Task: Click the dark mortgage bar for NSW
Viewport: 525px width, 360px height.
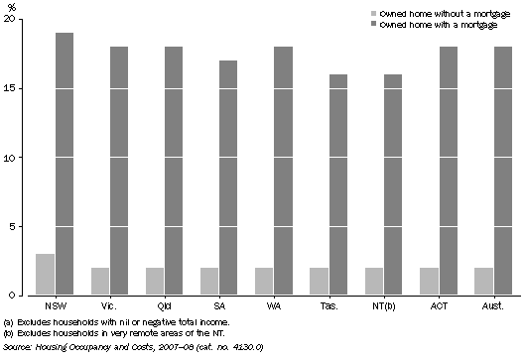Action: pos(64,164)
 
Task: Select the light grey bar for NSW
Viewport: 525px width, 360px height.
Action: pos(45,275)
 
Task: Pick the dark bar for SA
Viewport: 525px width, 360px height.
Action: pos(228,178)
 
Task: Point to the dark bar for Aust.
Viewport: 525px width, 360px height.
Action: pos(501,171)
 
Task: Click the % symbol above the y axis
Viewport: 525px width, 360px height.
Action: pos(12,6)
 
